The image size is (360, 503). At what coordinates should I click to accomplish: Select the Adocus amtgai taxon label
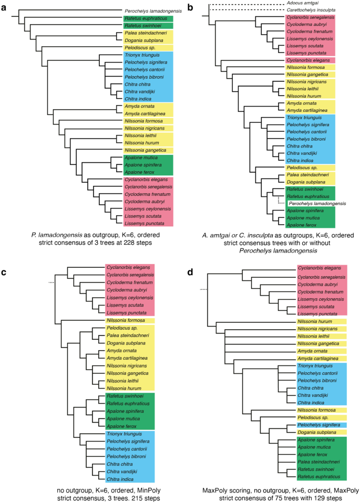[x=304, y=4]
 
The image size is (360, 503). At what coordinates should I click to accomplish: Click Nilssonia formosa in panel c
[x=128, y=320]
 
